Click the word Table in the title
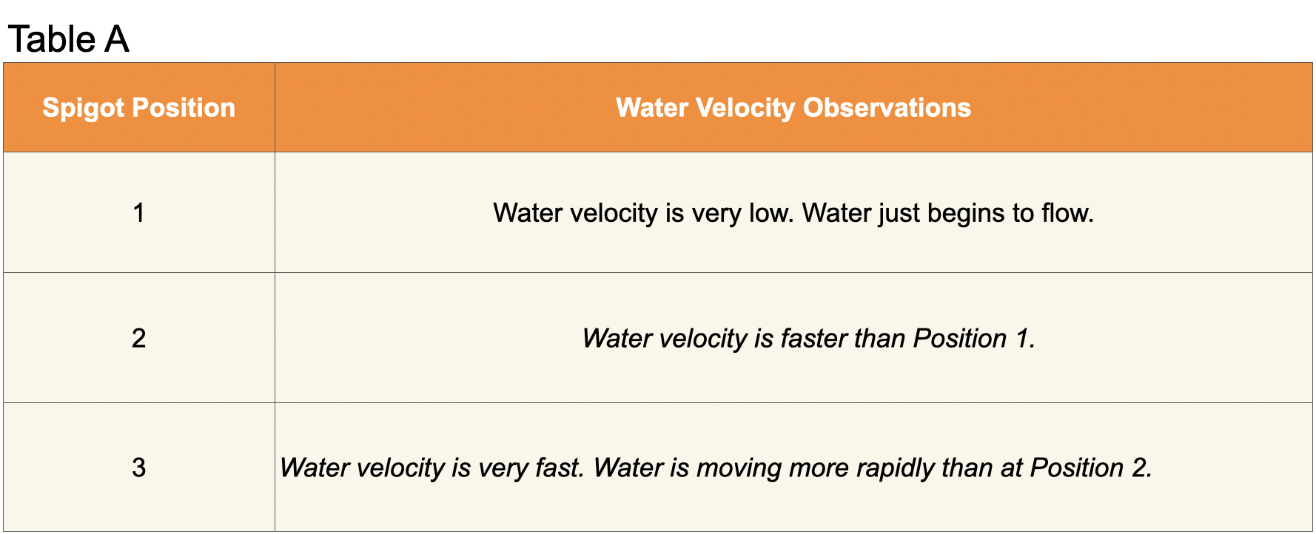point(52,39)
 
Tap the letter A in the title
point(117,39)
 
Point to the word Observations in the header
point(887,108)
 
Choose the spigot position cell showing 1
point(138,213)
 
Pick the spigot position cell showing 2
point(138,338)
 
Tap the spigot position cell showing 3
point(138,467)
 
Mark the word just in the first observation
point(899,214)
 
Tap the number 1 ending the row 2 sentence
point(1024,338)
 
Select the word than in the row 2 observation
point(879,338)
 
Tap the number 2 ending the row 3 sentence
point(1141,467)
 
